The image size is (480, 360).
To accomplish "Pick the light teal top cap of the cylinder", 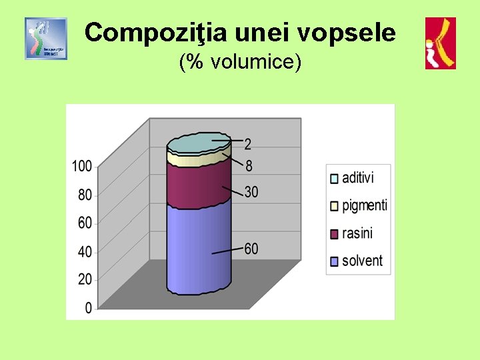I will (198, 143).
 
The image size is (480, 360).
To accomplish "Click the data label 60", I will (251, 249).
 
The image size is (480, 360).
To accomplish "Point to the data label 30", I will (251, 193).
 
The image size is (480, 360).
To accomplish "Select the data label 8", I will (248, 166).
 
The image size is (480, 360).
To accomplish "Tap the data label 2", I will (248, 143).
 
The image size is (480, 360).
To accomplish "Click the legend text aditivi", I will (358, 178).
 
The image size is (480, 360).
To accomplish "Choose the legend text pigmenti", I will (365, 205).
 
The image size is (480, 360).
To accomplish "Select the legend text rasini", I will (357, 233).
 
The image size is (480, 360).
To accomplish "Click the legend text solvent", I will (362, 261).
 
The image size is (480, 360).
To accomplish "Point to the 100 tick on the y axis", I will (83, 166).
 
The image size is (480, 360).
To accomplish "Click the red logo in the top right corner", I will (441, 43).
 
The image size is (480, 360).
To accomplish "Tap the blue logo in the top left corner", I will (46, 39).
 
